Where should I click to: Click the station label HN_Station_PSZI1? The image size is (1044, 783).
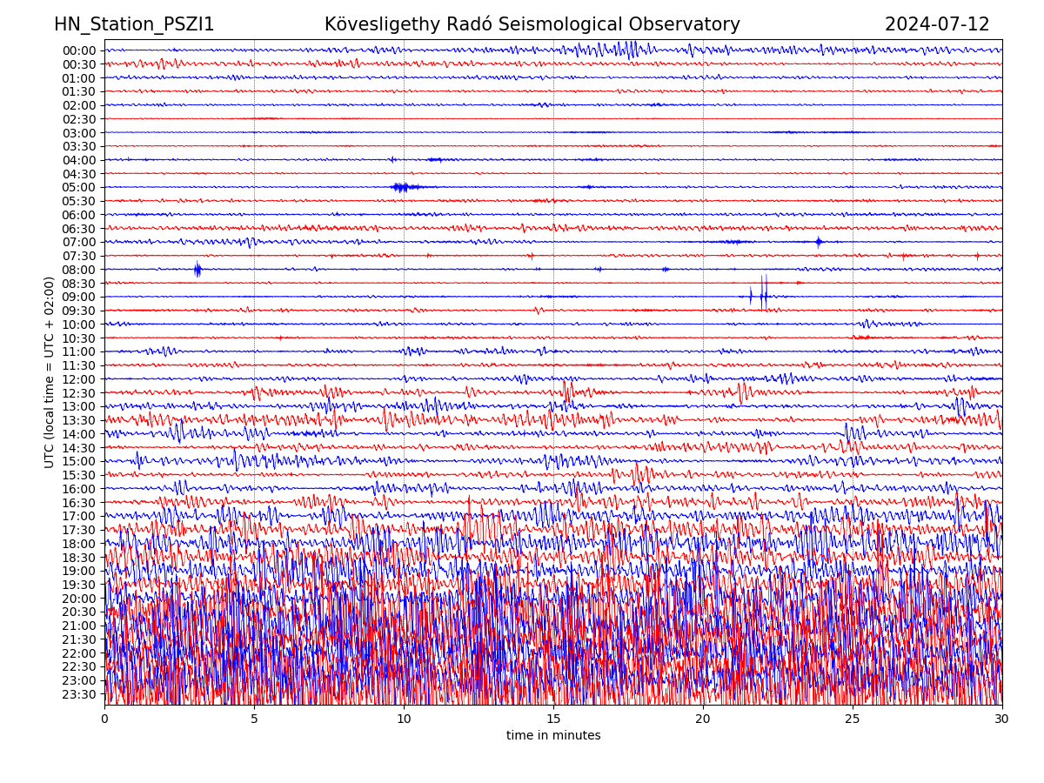[x=134, y=25]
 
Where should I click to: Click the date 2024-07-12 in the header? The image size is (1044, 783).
[x=937, y=25]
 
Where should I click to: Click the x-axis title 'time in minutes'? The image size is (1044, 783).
[x=553, y=736]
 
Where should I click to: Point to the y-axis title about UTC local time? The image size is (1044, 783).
[x=50, y=371]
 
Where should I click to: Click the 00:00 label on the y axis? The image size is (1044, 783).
[x=79, y=50]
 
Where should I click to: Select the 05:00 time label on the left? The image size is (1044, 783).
[x=79, y=187]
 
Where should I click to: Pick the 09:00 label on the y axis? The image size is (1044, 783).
[x=79, y=297]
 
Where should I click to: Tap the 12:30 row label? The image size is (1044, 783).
[x=79, y=393]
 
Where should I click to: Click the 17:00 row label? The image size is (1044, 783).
[x=79, y=516]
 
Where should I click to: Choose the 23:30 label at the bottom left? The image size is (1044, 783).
[x=79, y=694]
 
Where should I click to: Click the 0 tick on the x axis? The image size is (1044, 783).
[x=104, y=719]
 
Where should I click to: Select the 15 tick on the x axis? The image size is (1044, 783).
[x=553, y=719]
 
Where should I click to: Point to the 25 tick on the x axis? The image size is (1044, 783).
[x=853, y=719]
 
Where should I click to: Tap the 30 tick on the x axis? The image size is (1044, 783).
[x=1002, y=719]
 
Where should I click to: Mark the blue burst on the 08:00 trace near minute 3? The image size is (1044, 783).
[x=197, y=269]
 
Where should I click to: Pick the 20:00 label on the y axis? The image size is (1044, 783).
[x=79, y=599]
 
